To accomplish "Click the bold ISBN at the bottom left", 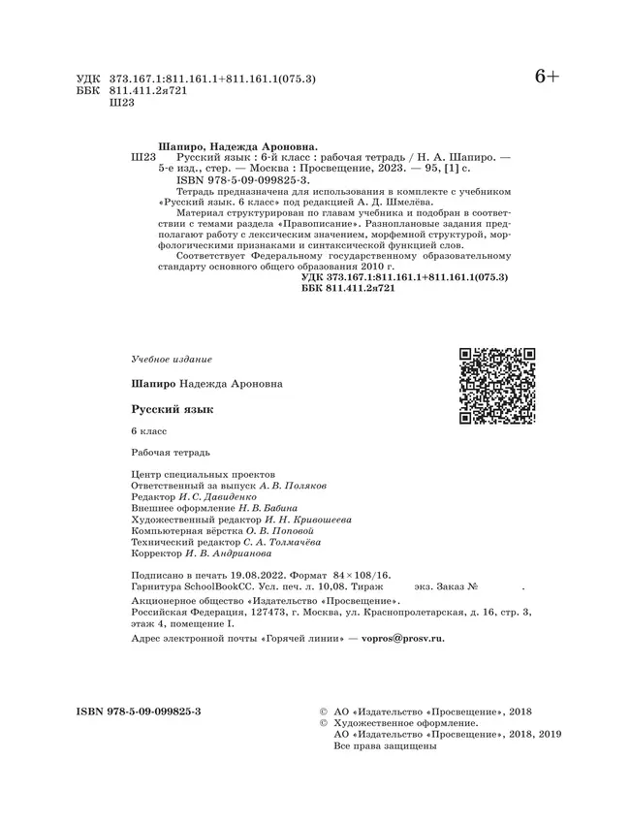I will [138, 711].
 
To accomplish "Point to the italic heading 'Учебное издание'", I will [170, 359].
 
